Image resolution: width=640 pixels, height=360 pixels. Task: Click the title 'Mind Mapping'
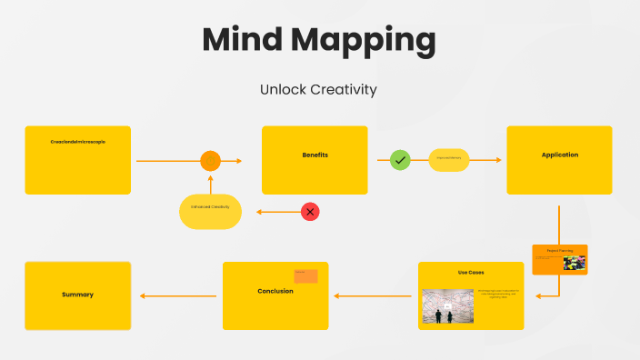(318, 41)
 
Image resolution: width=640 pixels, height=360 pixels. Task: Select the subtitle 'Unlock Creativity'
(318, 89)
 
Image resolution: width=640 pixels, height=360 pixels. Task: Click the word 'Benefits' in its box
(315, 155)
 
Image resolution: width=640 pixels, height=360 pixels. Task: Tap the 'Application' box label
(559, 155)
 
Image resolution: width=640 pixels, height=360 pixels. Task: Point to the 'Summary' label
(77, 295)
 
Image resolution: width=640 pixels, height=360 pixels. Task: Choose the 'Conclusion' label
(275, 292)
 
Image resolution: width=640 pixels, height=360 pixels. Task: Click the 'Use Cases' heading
(471, 273)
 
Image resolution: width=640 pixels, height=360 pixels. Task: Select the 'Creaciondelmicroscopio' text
(77, 142)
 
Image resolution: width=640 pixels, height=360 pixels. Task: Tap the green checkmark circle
(400, 161)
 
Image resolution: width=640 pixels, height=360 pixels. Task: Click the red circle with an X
(310, 212)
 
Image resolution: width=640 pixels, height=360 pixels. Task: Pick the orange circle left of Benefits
(210, 161)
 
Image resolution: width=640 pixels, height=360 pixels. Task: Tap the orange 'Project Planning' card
(559, 259)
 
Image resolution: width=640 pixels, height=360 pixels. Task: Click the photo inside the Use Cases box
(447, 306)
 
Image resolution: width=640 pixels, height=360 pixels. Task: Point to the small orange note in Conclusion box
(305, 275)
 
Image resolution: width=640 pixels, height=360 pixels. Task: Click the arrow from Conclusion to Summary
(177, 295)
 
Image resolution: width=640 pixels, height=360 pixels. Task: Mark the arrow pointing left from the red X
(277, 212)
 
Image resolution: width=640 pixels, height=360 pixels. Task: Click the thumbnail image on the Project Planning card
(574, 264)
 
